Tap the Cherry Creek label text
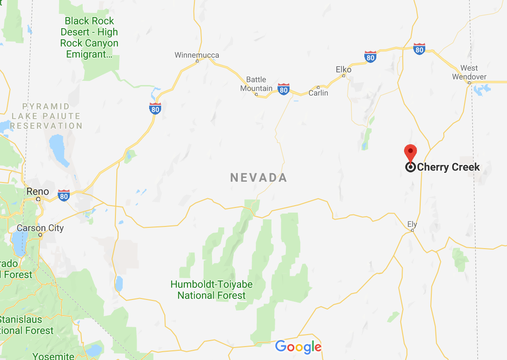point(448,167)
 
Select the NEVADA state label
point(259,177)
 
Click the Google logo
point(298,347)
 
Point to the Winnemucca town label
point(197,55)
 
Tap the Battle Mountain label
point(256,84)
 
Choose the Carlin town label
point(318,93)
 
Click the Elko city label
point(344,70)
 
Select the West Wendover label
point(469,73)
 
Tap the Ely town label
point(412,225)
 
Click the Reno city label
point(37,191)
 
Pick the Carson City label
point(40,228)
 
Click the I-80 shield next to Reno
point(64,195)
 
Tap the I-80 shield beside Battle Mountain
point(284,89)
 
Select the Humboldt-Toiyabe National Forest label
point(212,290)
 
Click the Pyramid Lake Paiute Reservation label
point(46,116)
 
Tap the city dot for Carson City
point(41,235)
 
